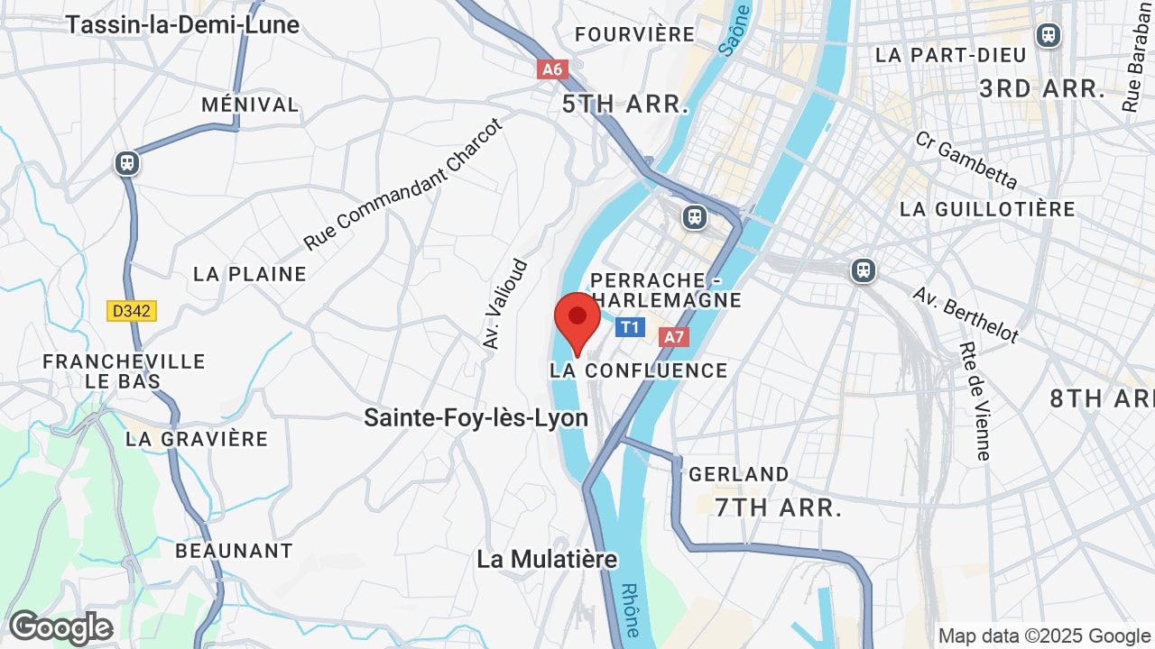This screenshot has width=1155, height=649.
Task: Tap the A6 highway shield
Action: pos(552,69)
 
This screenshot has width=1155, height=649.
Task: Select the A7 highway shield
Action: pos(674,337)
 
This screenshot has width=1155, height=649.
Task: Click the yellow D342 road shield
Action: pos(132,311)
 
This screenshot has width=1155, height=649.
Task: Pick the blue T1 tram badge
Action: pos(631,326)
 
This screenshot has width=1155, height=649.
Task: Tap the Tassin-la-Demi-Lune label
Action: pos(181,24)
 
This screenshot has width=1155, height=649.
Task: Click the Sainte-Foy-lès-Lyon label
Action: pos(476,417)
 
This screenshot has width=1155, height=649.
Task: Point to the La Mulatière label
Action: pos(547,559)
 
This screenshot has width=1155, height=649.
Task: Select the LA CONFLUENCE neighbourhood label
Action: pos(638,370)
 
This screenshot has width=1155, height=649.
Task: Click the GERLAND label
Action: pos(738,474)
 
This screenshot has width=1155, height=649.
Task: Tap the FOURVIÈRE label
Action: pos(634,34)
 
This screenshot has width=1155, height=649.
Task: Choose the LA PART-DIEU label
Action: pos(950,55)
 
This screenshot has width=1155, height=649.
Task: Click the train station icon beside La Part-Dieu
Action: pos(1048,35)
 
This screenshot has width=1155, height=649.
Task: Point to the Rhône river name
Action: pos(632,609)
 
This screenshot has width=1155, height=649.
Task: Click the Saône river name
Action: pos(735,32)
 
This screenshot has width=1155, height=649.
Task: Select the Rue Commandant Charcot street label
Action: pos(402,185)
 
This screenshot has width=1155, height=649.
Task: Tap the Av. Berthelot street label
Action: pos(965,315)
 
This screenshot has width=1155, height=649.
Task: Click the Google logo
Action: pos(60,627)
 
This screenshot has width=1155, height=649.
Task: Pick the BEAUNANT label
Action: pos(234,551)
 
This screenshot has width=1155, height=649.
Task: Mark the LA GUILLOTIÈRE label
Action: pos(987,209)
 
